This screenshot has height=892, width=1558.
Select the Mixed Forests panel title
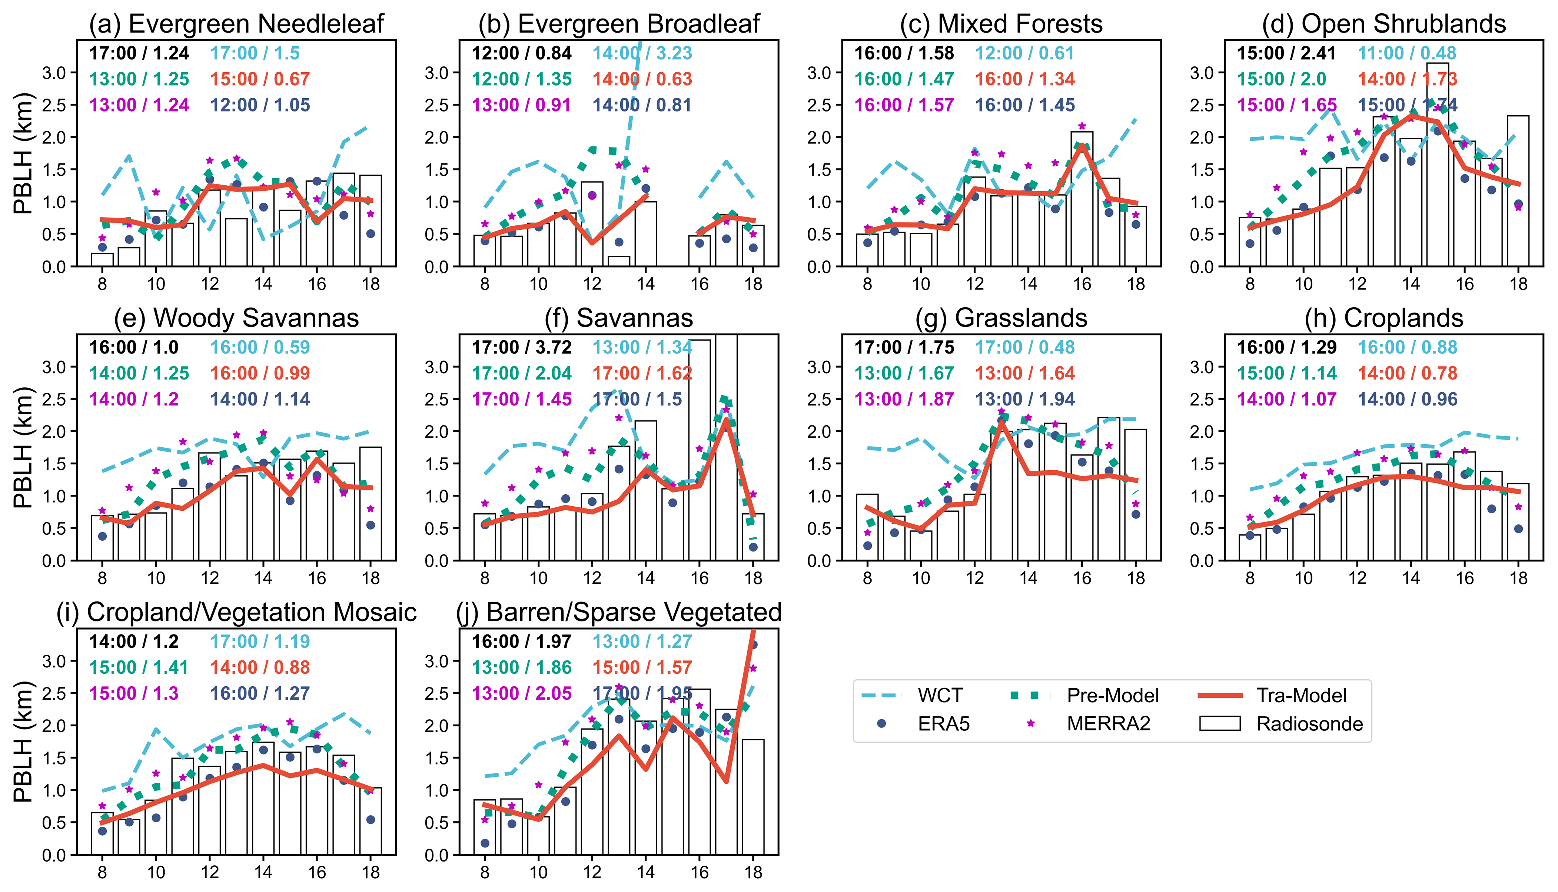1001,23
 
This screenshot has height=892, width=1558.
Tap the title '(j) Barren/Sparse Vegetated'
618,612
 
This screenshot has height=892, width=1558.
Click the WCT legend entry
940,695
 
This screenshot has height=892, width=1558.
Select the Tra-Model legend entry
1301,695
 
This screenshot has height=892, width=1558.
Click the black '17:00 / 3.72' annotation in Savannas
521,347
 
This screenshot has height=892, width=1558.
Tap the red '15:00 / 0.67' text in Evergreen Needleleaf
260,79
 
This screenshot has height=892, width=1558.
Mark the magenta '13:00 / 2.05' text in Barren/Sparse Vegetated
521,693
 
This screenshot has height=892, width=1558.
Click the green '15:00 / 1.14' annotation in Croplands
1287,373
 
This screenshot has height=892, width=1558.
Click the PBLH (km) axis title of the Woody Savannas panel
23,447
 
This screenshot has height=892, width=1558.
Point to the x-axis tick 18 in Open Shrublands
1518,284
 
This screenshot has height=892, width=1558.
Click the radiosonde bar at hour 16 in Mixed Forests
1082,199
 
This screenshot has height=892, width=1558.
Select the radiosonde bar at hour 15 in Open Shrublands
1437,164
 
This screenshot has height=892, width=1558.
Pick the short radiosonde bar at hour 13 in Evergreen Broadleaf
618,261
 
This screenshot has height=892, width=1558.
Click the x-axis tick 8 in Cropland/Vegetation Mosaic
102,872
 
